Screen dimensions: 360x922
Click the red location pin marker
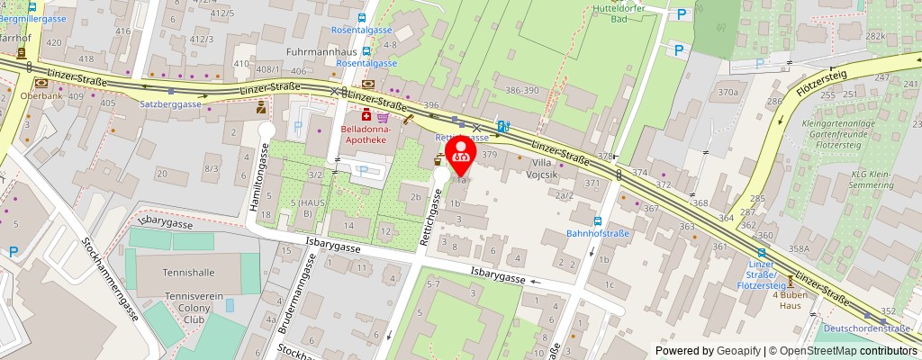pyautogui.click(x=462, y=156)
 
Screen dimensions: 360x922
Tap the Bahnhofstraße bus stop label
pyautogui.click(x=597, y=233)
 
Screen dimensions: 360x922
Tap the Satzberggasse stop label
pyautogui.click(x=171, y=103)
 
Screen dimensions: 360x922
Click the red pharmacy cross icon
pyautogui.click(x=367, y=116)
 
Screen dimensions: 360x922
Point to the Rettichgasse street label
pyautogui.click(x=431, y=216)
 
